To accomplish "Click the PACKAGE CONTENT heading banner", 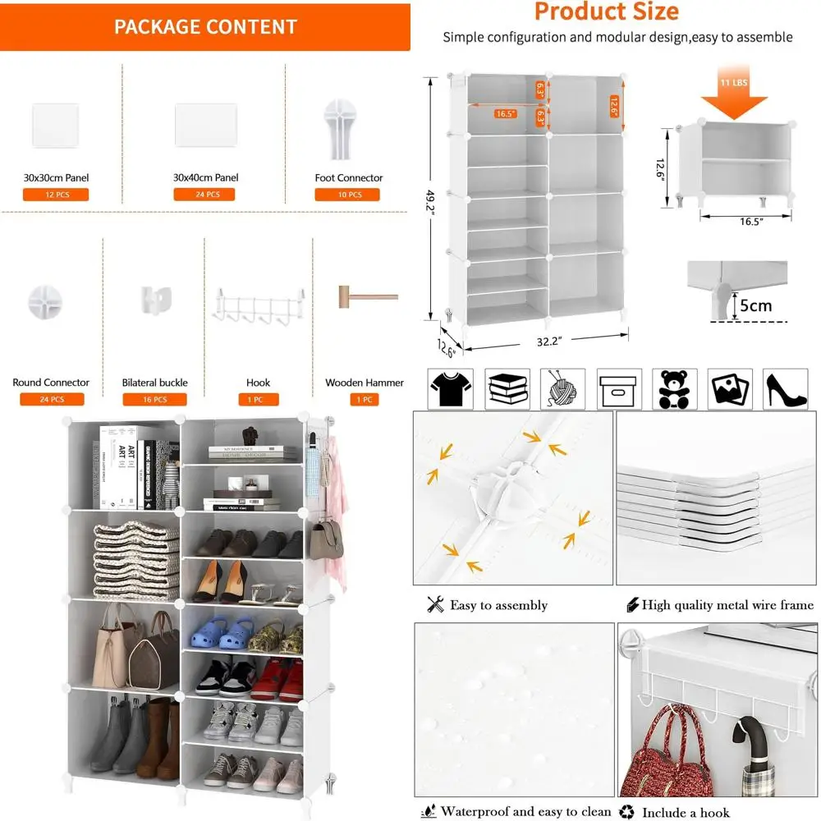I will point(205,26).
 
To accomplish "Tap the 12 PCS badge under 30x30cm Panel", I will point(55,195).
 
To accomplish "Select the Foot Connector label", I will point(348,177).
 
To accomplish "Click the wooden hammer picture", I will point(365,296).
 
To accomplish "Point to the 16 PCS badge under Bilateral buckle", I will point(154,400).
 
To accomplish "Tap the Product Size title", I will point(606,11).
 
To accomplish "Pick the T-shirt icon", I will point(451,389).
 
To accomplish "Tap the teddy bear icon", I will point(674,389).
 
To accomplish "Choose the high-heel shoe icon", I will point(786,389).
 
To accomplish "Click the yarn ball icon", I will point(562,389).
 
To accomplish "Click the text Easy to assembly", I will point(498,606).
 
